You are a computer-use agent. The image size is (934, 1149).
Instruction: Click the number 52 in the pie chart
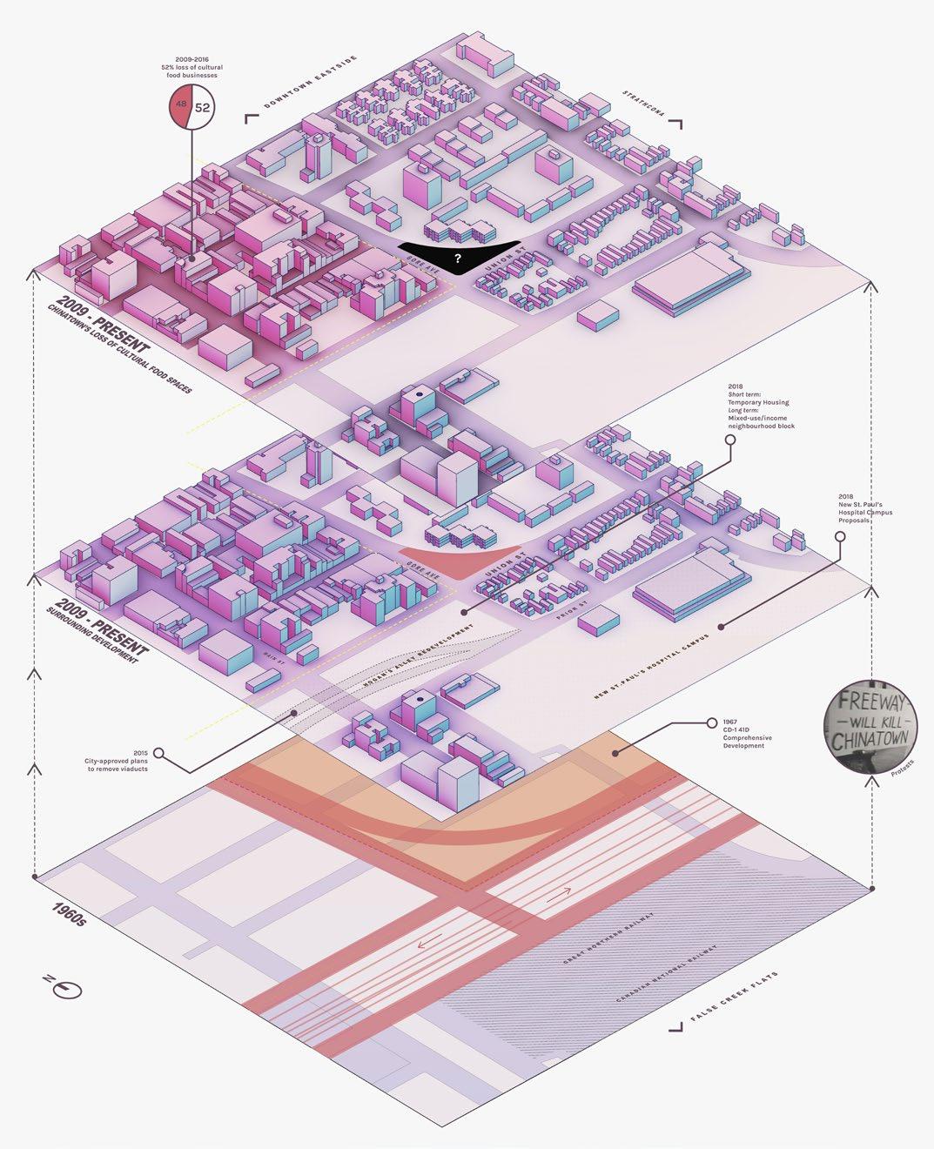202,108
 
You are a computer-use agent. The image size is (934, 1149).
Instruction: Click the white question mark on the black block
457,258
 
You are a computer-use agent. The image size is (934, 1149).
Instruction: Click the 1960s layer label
70,924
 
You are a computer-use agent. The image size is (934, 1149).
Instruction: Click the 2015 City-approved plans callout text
118,761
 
